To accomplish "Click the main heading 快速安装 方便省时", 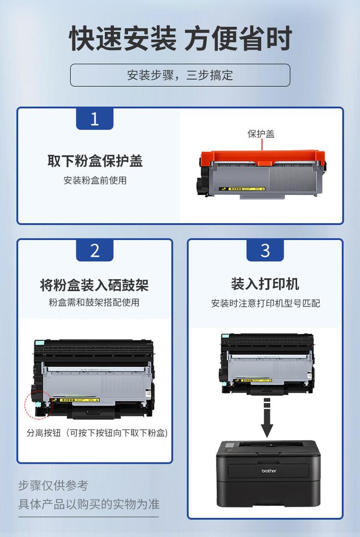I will coord(180,39).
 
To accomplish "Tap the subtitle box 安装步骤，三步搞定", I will coord(180,75).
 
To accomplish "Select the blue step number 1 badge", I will coord(95,119).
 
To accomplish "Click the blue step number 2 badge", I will coord(95,251).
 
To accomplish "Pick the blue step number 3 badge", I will coord(265,251).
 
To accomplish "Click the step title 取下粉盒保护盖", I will coord(95,161).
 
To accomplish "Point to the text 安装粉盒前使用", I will coord(95,180).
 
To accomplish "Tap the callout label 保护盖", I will coord(261,134).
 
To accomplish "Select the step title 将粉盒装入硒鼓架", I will coord(94,285).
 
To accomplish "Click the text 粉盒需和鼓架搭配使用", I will coord(94,303).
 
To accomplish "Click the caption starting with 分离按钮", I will coord(97,433).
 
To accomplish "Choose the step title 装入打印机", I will coord(265,284).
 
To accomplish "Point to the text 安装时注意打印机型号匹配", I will coord(265,303).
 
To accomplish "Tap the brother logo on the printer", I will coord(269,471).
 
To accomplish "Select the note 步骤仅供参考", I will coord(53,485).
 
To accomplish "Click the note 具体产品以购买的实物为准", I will coord(89,504).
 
